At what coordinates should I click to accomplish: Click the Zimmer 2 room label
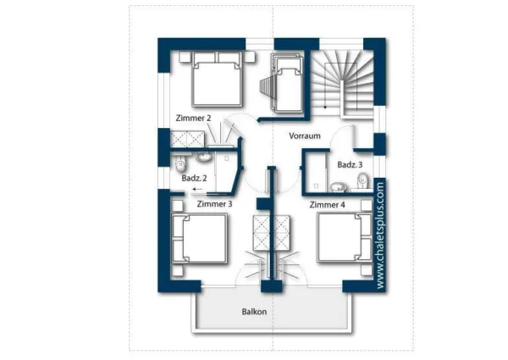click(193, 118)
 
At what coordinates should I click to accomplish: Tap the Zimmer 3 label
click(214, 204)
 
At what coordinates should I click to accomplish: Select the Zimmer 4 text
click(327, 205)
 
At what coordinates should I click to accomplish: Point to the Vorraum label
click(305, 136)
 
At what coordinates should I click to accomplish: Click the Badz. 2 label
click(194, 178)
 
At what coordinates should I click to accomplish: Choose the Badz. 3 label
click(350, 164)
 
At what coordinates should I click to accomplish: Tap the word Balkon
click(254, 312)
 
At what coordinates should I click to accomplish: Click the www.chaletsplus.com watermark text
click(380, 235)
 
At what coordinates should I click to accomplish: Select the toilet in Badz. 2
click(179, 163)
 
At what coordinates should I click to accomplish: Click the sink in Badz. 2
click(203, 157)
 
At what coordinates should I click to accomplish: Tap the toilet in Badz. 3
click(363, 180)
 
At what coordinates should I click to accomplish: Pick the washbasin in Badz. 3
click(338, 187)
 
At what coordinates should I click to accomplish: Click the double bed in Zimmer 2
click(217, 79)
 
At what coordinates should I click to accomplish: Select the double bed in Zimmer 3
click(199, 238)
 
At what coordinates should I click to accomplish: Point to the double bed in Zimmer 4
click(345, 237)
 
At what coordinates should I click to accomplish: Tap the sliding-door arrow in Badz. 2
click(197, 189)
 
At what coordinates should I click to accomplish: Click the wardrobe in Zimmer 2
click(187, 139)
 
